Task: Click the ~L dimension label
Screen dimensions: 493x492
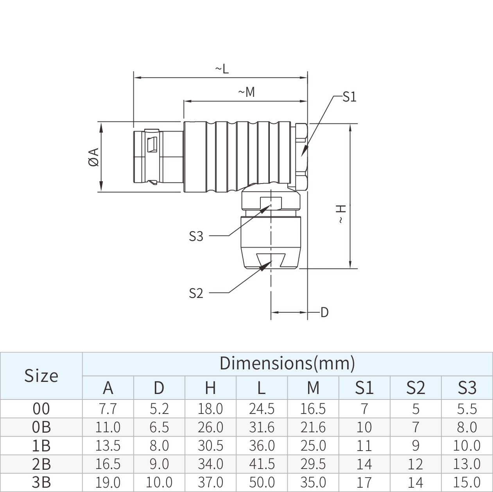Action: [222, 69]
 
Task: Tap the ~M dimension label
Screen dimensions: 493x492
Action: [246, 93]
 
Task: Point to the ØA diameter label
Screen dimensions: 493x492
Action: [94, 157]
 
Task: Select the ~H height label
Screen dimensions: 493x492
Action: [341, 214]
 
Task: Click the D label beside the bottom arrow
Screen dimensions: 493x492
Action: [324, 312]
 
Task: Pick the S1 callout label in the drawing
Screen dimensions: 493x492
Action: [349, 97]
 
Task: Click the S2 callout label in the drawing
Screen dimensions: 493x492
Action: [196, 293]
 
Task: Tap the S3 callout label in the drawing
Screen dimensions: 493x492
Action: [196, 236]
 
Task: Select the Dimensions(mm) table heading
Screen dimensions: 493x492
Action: [287, 363]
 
